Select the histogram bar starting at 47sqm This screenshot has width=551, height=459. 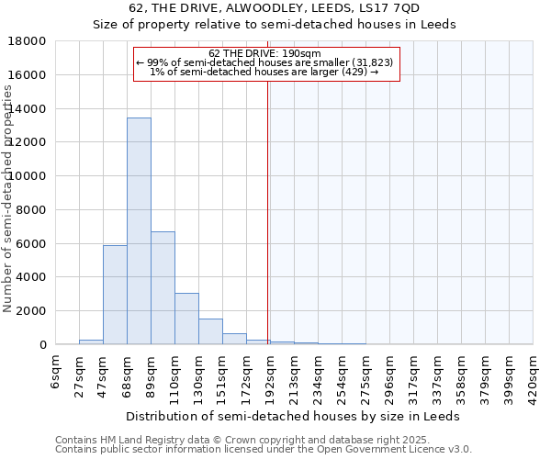coord(115,295)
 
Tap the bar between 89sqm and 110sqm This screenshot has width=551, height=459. coord(163,288)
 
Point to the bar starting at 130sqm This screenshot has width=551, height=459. coord(210,331)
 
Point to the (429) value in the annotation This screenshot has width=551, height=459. coord(354,72)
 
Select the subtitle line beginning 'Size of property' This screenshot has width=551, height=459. coord(275,25)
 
